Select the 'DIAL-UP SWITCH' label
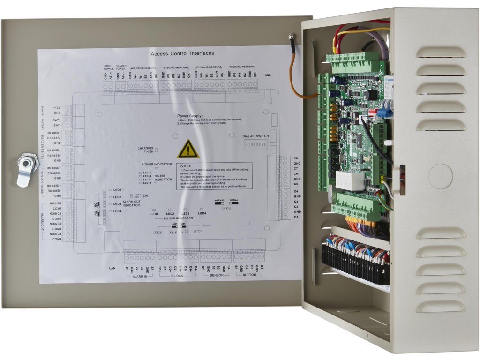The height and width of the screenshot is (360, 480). coord(256,136)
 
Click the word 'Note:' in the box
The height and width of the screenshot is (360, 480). coord(185,166)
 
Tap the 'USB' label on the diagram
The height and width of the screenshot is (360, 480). coord(268,75)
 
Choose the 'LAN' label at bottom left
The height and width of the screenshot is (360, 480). coord(112,268)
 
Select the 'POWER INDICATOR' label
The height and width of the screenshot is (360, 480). coord(157,165)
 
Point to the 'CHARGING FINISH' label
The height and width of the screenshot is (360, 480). coord(145,150)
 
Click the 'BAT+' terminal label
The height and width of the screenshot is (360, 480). coord(57,120)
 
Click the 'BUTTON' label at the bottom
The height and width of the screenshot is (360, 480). coord(249,276)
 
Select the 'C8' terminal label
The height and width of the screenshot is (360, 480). coord(296,158)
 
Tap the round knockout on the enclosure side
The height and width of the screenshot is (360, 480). coord(440,176)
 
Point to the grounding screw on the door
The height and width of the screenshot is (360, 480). coord(291,36)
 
